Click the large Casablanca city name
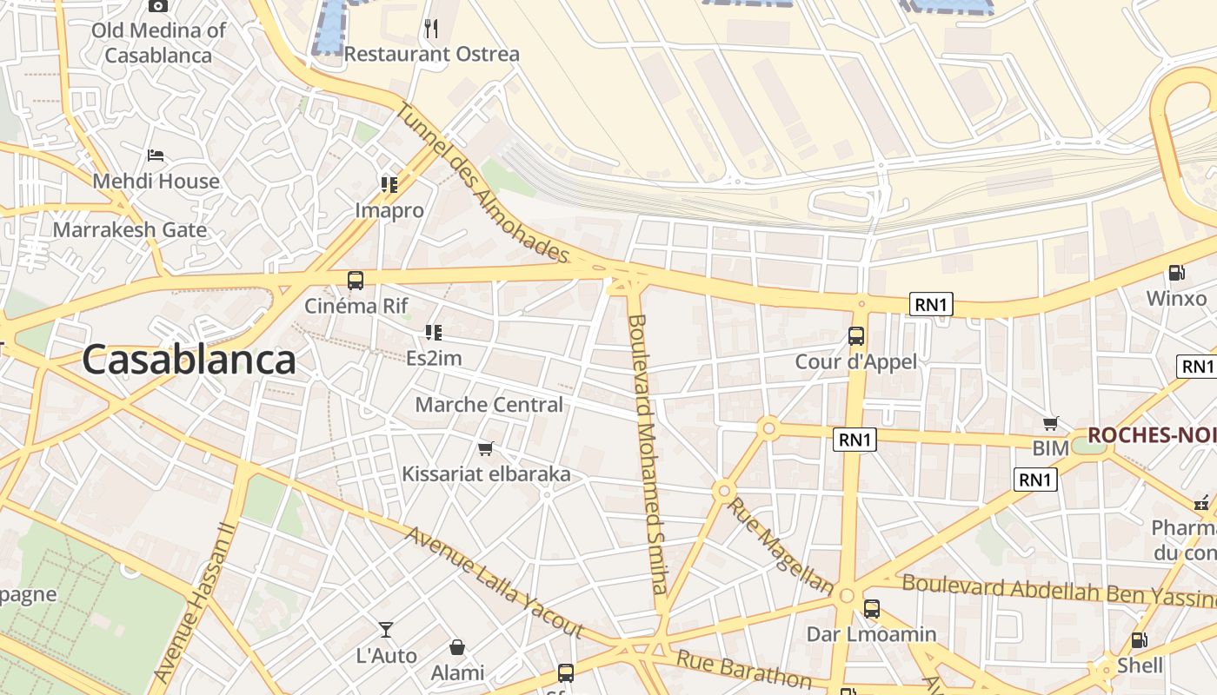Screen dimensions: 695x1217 (x=189, y=360)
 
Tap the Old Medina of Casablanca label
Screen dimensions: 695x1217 (x=158, y=43)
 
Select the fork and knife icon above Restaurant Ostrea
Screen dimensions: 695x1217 (x=431, y=29)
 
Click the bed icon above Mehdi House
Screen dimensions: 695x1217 (x=156, y=156)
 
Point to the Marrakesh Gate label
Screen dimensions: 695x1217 (x=130, y=230)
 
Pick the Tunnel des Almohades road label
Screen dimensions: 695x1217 (x=482, y=183)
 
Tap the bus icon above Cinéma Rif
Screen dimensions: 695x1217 (x=356, y=281)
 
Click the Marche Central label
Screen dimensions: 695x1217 (x=489, y=405)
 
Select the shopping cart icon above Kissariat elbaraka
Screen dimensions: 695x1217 (x=486, y=449)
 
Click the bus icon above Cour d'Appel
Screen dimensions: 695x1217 (x=856, y=336)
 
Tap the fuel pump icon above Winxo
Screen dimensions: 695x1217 (x=1176, y=273)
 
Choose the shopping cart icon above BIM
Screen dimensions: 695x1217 (x=1051, y=424)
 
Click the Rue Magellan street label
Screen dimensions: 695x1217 (x=780, y=545)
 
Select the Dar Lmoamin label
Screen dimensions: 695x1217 (x=872, y=634)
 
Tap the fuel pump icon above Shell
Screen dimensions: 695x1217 (x=1139, y=641)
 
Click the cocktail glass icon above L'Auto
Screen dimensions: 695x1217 (x=386, y=629)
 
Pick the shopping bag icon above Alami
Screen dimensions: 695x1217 (x=457, y=647)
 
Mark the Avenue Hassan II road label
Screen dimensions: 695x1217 (x=194, y=602)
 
